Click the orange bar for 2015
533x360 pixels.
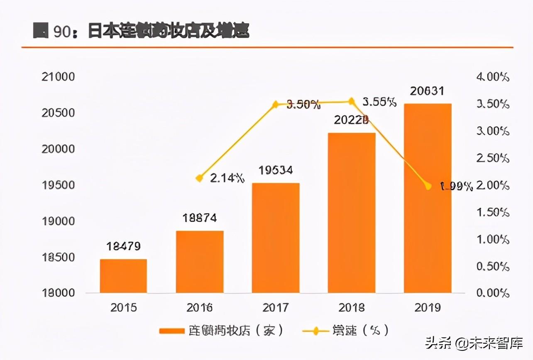(123, 276)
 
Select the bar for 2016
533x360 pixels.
(200, 262)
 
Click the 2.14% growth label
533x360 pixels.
(227, 179)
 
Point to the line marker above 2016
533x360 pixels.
(200, 178)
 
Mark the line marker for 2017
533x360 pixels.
(276, 105)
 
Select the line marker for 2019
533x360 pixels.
(428, 186)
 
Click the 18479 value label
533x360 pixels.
(123, 246)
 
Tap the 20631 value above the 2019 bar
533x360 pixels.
(428, 91)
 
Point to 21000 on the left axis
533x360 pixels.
(59, 77)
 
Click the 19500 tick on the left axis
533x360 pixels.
(59, 185)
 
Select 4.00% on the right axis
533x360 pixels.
(493, 77)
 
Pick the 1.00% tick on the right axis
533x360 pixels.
(493, 240)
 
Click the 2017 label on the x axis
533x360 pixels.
(276, 308)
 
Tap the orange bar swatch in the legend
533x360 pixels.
(171, 331)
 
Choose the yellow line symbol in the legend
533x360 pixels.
(315, 331)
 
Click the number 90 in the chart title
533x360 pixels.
(63, 32)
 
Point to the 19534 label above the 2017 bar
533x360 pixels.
(276, 170)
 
